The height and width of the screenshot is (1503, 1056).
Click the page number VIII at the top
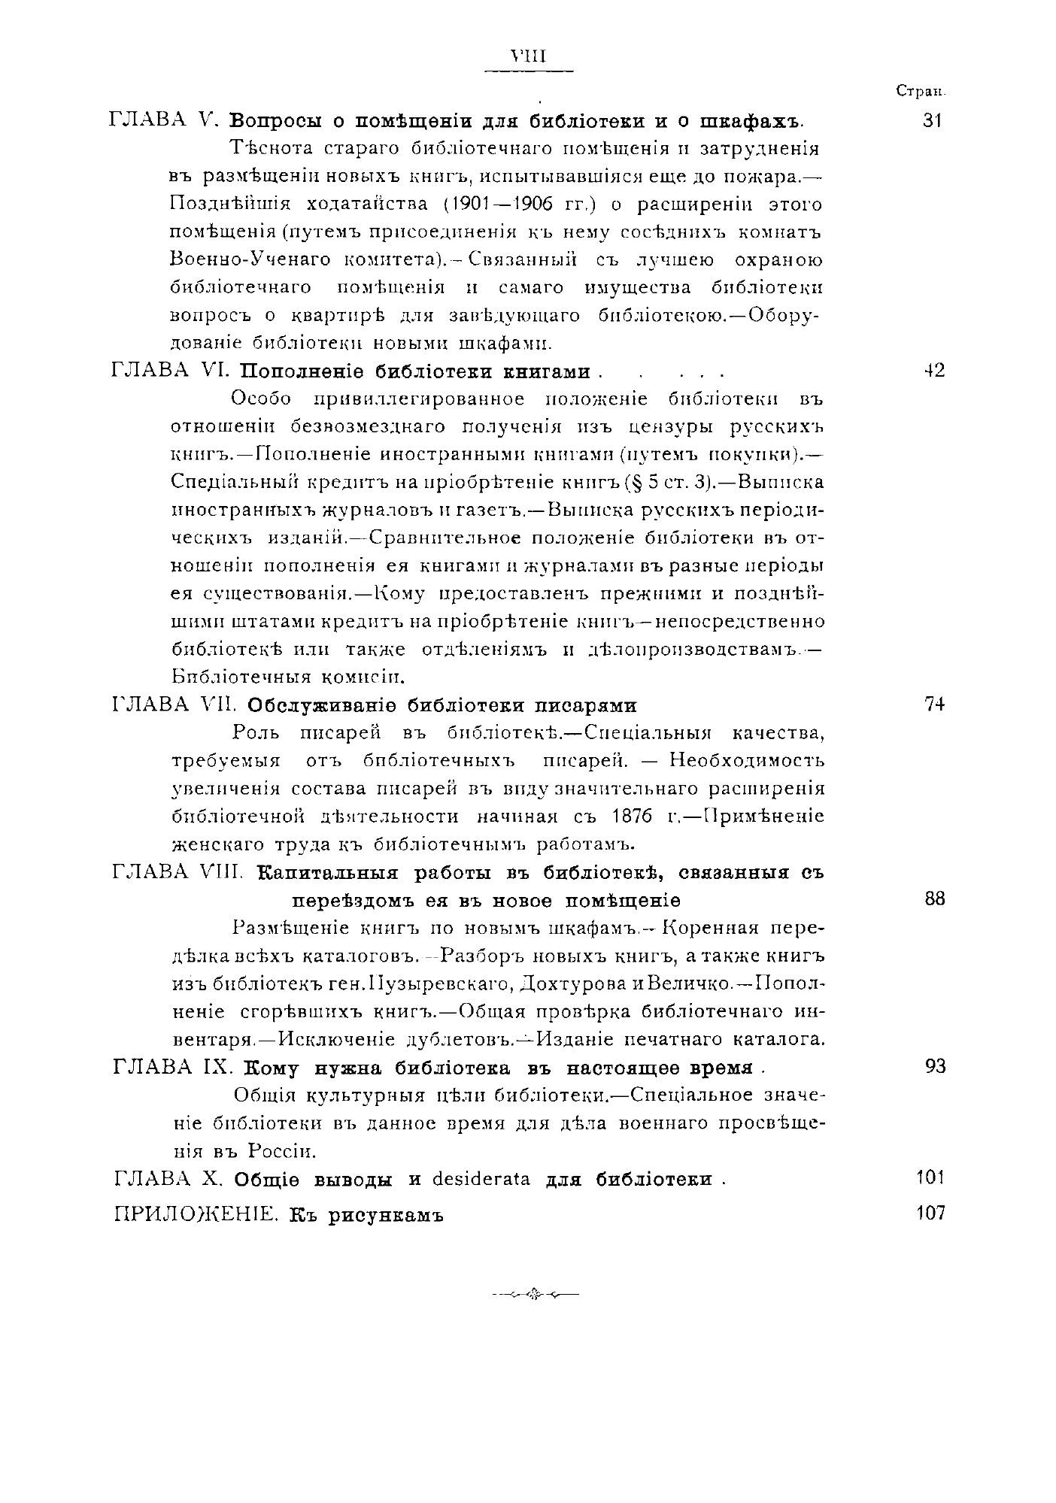(527, 57)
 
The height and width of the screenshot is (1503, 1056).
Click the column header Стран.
(920, 91)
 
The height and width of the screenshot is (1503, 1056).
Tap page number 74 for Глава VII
(934, 704)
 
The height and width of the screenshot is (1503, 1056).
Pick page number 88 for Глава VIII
(934, 899)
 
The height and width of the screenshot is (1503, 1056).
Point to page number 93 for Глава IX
(934, 1067)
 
